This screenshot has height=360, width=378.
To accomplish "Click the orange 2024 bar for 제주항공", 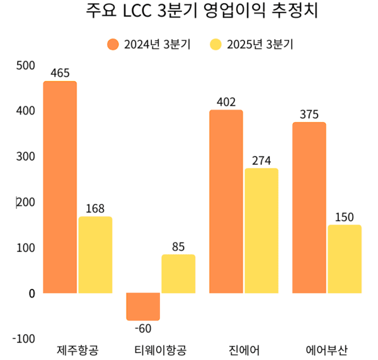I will click(x=60, y=187).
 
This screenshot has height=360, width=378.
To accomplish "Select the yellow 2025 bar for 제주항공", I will click(x=95, y=255).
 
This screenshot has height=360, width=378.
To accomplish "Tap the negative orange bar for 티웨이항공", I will click(x=143, y=307).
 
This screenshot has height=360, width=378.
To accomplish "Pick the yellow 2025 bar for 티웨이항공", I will click(x=178, y=274).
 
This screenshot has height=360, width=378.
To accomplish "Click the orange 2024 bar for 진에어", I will click(x=226, y=201).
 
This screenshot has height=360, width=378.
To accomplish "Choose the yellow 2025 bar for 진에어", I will click(x=261, y=230).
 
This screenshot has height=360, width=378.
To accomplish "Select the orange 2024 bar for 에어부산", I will click(x=309, y=208).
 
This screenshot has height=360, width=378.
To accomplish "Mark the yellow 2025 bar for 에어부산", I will click(x=345, y=259).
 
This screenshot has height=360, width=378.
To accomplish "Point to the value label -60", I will click(x=143, y=328).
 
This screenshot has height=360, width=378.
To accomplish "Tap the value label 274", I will click(x=261, y=160).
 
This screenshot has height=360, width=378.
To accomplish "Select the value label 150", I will click(x=345, y=217).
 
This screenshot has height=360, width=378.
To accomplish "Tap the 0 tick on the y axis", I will click(x=31, y=293).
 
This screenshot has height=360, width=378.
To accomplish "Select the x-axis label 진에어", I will click(x=243, y=349).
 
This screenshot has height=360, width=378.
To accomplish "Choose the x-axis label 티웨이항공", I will click(x=160, y=349).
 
